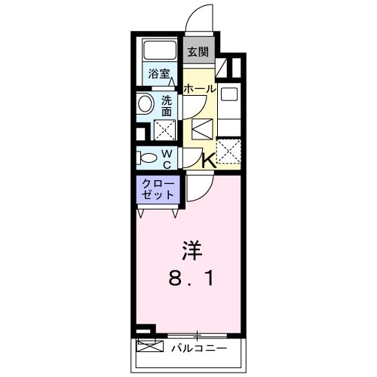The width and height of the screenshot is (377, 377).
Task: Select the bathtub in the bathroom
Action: tap(159, 51)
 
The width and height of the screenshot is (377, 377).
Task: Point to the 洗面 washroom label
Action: tap(167, 106)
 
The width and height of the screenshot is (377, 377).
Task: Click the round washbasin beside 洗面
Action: tap(144, 104)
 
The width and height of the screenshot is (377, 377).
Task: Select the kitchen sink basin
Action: tap(229, 96)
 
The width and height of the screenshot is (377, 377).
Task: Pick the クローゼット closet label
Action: tap(158, 188)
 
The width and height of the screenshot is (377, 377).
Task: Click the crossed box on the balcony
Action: tap(149, 348)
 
